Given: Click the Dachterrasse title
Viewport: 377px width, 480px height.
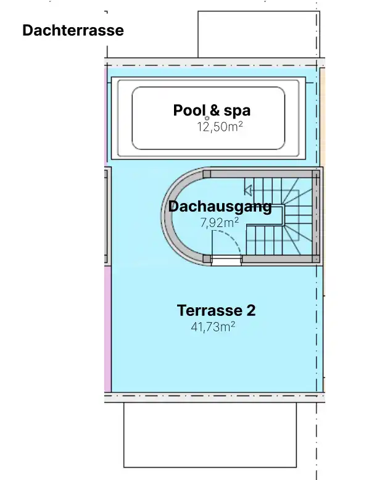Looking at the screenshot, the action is pyautogui.click(x=73, y=30).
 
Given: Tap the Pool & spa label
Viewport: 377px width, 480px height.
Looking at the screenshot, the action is pyautogui.click(x=212, y=110).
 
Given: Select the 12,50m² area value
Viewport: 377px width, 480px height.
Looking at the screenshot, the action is pyautogui.click(x=220, y=126).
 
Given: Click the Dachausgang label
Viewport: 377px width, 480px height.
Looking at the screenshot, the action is pyautogui.click(x=220, y=207).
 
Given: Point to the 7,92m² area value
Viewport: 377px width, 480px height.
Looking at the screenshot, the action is pyautogui.click(x=219, y=223).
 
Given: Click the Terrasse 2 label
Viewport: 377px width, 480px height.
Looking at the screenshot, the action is pyautogui.click(x=216, y=310).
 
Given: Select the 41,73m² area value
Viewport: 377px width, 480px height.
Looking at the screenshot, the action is pyautogui.click(x=213, y=327).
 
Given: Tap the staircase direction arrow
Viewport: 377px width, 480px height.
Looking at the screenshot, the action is pyautogui.click(x=248, y=190).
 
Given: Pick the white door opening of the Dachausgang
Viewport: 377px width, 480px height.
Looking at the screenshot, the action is pyautogui.click(x=226, y=260).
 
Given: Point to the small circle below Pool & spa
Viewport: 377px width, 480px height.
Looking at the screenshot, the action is pyautogui.click(x=207, y=118).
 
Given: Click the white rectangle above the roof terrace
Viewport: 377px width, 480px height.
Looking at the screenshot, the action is pyautogui.click(x=259, y=35).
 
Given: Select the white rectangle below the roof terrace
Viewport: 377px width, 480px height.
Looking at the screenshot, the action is pyautogui.click(x=210, y=435).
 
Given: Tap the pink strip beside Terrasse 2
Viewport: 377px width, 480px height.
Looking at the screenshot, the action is pyautogui.click(x=107, y=329).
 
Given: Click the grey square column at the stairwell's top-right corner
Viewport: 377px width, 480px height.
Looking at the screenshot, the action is pyautogui.click(x=316, y=174).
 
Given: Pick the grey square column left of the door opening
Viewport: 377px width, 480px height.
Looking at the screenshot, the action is pyautogui.click(x=207, y=259).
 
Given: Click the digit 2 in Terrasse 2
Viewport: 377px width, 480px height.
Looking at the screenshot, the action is pyautogui.click(x=251, y=310).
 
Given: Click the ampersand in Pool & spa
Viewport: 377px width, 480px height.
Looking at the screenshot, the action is pyautogui.click(x=215, y=110).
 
